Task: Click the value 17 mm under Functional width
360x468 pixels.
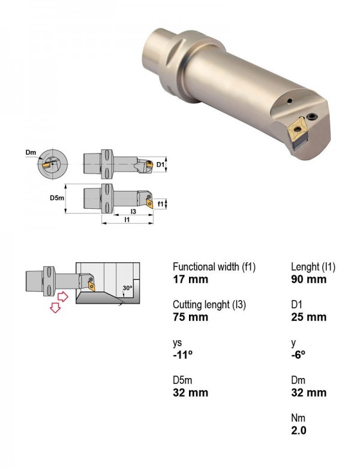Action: click(190, 280)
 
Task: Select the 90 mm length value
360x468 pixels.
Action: click(308, 280)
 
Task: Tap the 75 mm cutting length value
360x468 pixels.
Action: click(190, 317)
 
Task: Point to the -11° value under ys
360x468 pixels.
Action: click(182, 355)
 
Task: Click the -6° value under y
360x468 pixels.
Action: click(298, 355)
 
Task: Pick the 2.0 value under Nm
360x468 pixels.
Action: click(299, 430)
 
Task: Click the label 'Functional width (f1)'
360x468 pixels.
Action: click(214, 266)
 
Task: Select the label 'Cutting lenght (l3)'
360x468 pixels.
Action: click(209, 304)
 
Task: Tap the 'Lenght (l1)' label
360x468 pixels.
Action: click(313, 266)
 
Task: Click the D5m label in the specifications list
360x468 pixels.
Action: click(182, 380)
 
